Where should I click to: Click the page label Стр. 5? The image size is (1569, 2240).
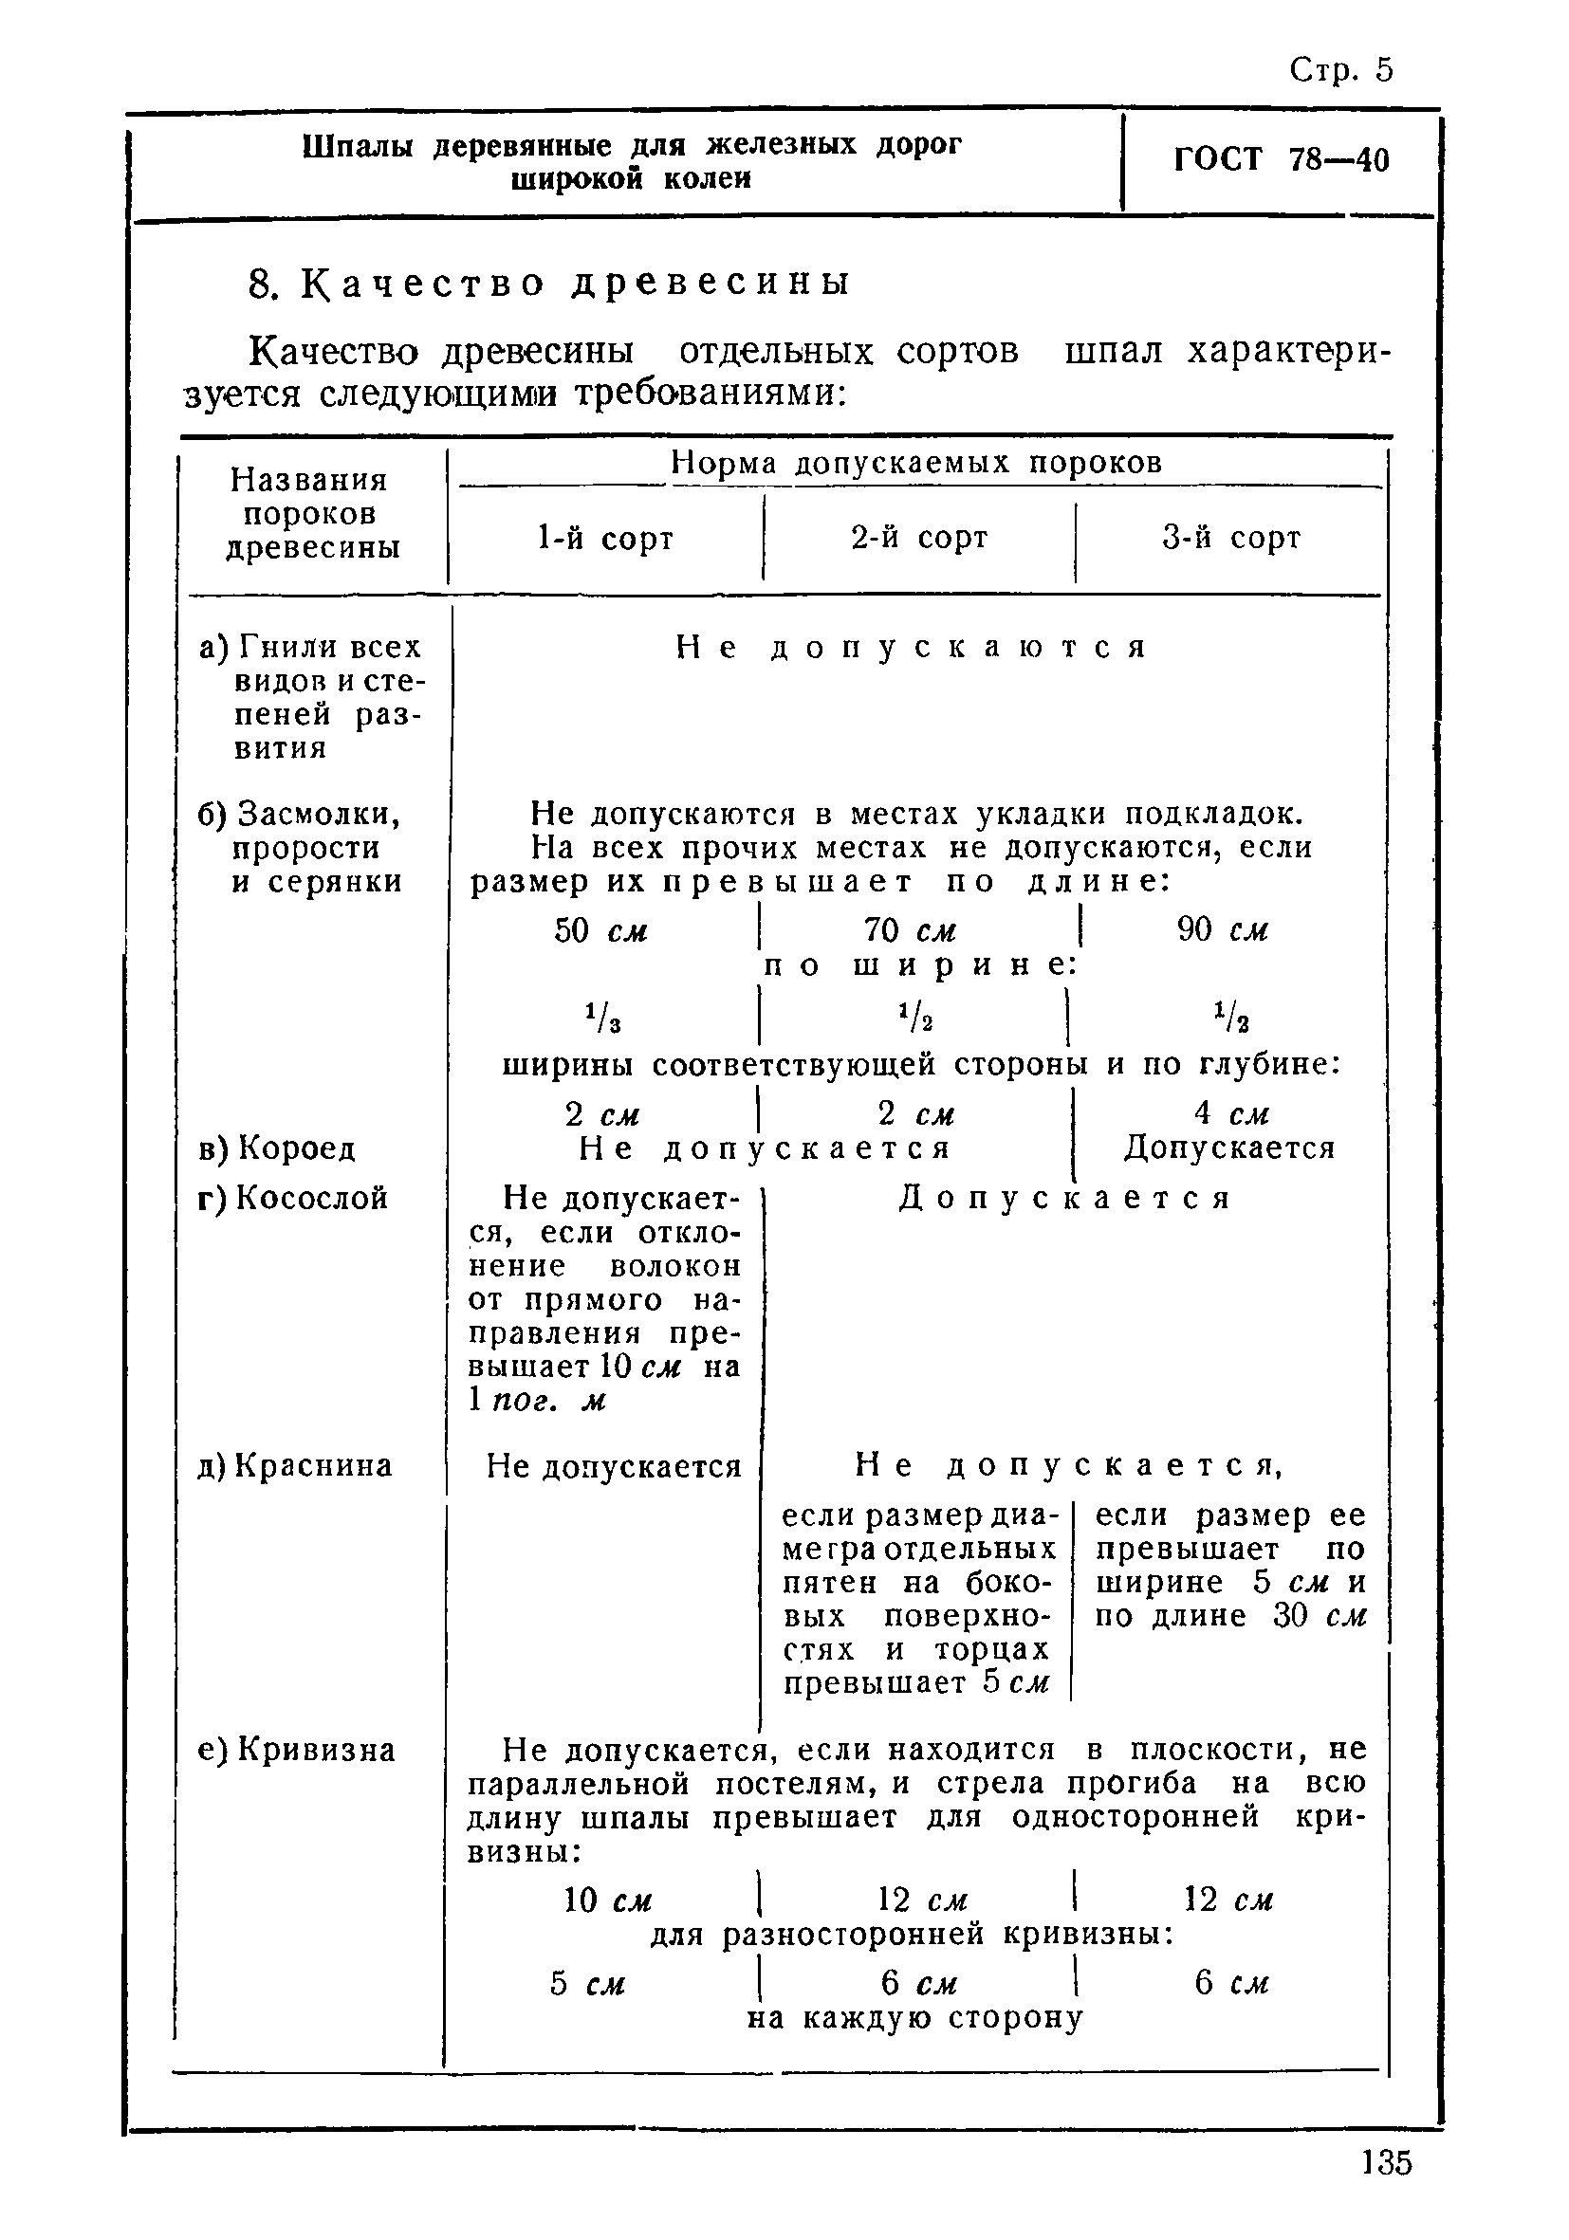pyautogui.click(x=1340, y=70)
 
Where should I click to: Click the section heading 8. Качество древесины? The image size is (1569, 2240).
pyautogui.click(x=549, y=283)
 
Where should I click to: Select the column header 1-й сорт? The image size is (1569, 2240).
pyautogui.click(x=605, y=539)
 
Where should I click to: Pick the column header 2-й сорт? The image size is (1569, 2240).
pyautogui.click(x=919, y=538)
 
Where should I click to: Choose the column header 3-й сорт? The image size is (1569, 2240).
pyautogui.click(x=1231, y=538)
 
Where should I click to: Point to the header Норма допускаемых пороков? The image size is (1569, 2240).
pyautogui.click(x=916, y=463)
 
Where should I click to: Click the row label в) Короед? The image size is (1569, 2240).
pyautogui.click(x=277, y=1148)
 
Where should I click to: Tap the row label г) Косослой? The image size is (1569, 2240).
pyautogui.click(x=293, y=1197)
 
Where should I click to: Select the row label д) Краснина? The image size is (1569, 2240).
pyautogui.click(x=295, y=1465)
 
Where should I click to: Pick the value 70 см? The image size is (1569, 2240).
pyautogui.click(x=911, y=930)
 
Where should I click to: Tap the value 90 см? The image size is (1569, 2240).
pyautogui.click(x=1223, y=930)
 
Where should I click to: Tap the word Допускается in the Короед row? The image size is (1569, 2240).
pyautogui.click(x=1229, y=1148)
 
